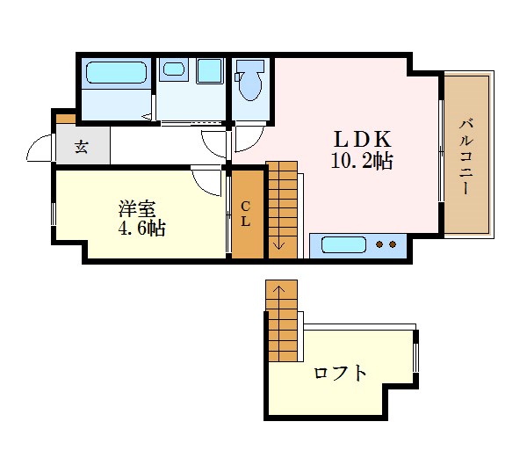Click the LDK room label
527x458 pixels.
pyautogui.click(x=361, y=139)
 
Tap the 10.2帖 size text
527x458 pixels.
pyautogui.click(x=361, y=161)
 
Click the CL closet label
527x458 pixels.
pyautogui.click(x=247, y=214)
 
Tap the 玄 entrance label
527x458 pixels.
pyautogui.click(x=82, y=147)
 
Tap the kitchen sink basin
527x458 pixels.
pyautogui.click(x=343, y=244)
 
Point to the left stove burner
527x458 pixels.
pyautogui.click(x=379, y=244)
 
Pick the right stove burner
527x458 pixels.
pyautogui.click(x=392, y=244)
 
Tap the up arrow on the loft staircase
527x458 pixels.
pyautogui.click(x=278, y=289)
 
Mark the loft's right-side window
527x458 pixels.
pyautogui.click(x=416, y=356)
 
